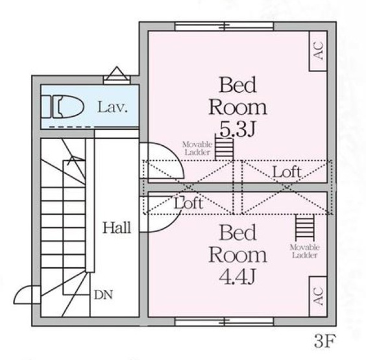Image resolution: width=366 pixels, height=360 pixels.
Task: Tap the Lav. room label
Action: [112, 106]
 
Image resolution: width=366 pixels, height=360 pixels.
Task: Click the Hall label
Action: [117, 228]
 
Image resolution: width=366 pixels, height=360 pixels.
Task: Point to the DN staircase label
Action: [103, 294]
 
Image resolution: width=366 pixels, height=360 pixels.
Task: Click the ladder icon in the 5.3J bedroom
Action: [225, 148]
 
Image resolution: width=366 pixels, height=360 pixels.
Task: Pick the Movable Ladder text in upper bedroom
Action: [193, 147]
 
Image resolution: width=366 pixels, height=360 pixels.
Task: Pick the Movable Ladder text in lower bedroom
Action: [303, 251]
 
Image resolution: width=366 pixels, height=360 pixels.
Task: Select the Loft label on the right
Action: [286, 173]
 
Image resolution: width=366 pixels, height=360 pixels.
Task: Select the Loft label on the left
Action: [189, 202]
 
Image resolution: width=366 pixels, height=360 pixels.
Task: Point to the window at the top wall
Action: [224, 27]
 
